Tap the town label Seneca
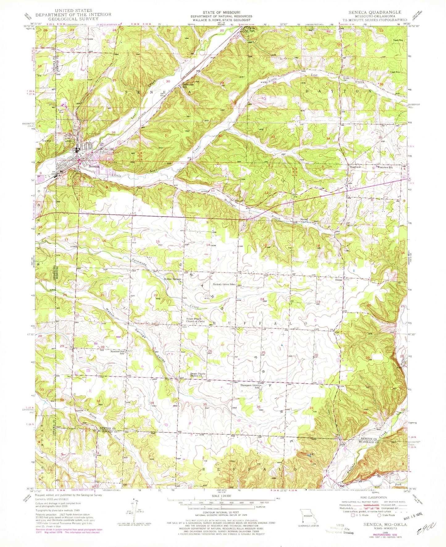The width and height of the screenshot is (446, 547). (94, 166)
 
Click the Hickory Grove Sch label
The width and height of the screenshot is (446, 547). (224, 284)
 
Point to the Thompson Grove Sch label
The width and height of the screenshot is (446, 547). (250, 386)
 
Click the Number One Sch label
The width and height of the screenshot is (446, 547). (118, 353)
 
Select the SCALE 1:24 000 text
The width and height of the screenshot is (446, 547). (221, 498)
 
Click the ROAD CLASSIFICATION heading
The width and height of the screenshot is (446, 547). (375, 498)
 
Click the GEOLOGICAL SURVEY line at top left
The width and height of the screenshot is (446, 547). (73, 18)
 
